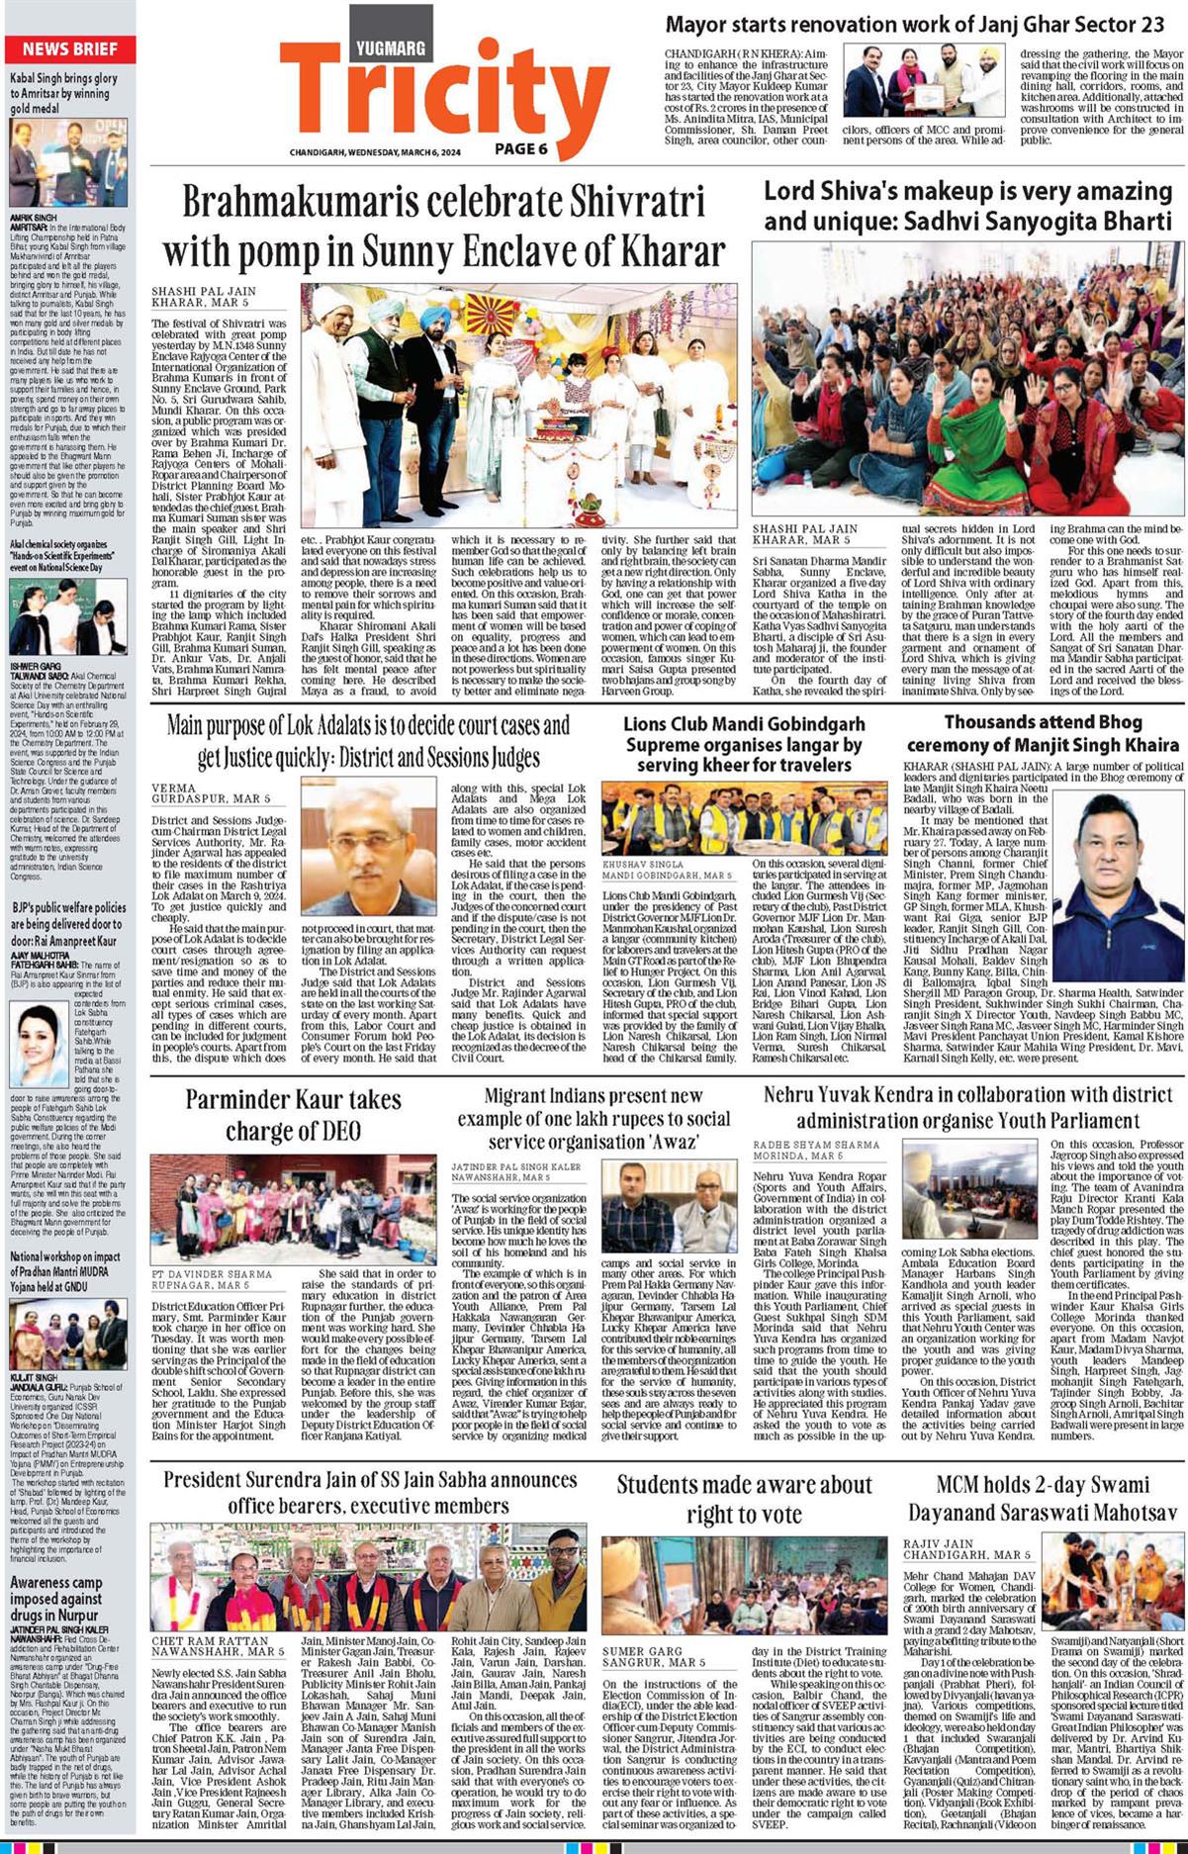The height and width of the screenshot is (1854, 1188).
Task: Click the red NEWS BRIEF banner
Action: pos(69,49)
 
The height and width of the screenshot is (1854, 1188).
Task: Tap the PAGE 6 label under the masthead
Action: pos(521,149)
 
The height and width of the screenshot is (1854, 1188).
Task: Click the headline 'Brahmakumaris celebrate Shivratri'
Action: pos(443,227)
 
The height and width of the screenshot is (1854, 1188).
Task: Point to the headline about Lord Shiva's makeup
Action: pos(967,206)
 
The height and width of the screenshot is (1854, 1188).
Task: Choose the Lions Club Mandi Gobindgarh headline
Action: pos(744,744)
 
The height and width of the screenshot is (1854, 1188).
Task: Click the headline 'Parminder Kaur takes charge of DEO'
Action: pos(293,1115)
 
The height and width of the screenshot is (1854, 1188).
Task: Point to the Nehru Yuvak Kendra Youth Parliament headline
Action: pos(967,1107)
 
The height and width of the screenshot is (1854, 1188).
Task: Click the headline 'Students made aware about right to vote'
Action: pos(744,1499)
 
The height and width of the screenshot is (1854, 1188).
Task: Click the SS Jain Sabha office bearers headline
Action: pos(370,1492)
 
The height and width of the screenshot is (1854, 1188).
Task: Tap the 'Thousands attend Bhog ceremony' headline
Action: pos(1042,733)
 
